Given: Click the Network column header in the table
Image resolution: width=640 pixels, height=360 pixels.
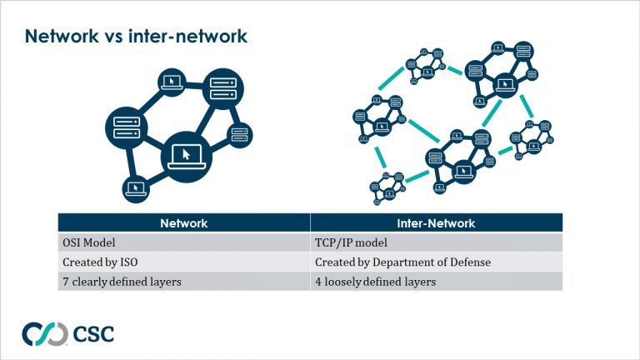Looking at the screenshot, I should [183, 223].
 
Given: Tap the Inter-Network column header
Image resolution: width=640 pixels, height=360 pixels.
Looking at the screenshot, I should [436, 223].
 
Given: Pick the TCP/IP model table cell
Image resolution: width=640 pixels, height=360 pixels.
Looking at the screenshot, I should [350, 242].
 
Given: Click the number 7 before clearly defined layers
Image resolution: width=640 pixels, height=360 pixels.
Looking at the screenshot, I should [65, 282].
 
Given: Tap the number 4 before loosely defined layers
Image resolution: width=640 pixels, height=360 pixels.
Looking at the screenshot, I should [318, 282].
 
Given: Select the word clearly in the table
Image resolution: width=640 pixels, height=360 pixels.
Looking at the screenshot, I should [88, 282].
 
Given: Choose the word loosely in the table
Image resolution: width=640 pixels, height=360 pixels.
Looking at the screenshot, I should [343, 282].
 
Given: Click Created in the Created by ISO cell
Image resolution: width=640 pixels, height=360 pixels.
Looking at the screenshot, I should [81, 262].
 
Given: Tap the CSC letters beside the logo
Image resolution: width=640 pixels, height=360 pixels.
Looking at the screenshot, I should [92, 333].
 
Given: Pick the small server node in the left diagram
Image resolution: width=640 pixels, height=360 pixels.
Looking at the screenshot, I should [240, 132].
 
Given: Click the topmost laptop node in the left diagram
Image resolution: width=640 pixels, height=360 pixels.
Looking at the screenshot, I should [171, 81].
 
